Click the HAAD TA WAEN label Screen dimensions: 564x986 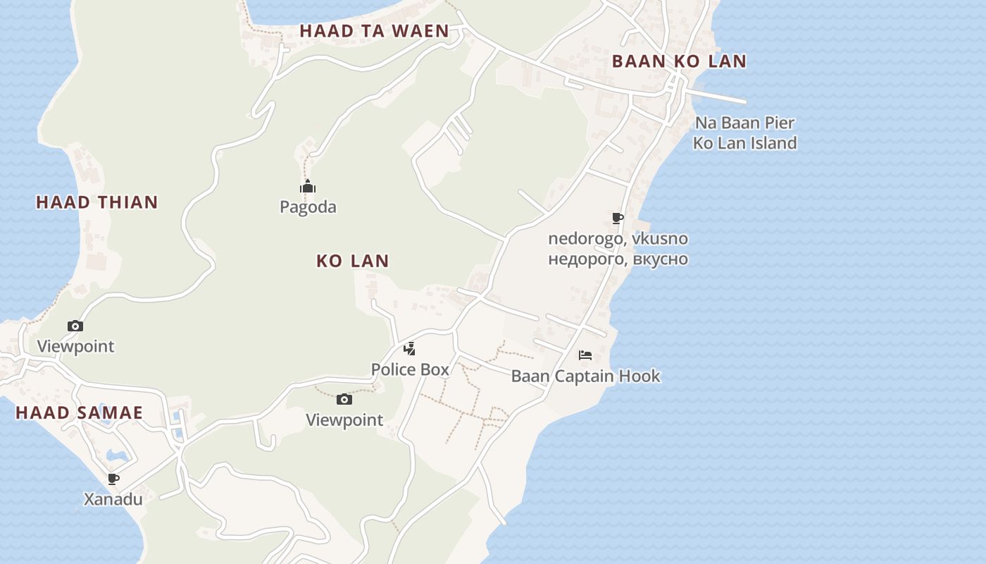click(x=374, y=31)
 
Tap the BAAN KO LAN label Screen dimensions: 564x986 click(x=679, y=61)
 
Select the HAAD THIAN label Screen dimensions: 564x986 click(x=97, y=202)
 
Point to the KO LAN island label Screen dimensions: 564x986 click(x=352, y=261)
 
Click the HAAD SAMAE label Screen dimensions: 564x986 click(x=80, y=413)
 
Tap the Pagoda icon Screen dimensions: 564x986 click(x=308, y=187)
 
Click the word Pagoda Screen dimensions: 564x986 click(x=308, y=207)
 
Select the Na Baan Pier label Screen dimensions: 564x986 click(x=745, y=123)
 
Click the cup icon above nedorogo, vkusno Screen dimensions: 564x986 click(x=618, y=219)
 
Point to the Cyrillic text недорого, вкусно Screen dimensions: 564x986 click(x=618, y=259)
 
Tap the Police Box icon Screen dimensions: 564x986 click(x=409, y=348)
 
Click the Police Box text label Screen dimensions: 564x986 click(x=410, y=369)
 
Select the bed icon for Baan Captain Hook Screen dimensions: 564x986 click(x=585, y=355)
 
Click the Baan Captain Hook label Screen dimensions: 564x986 click(x=585, y=376)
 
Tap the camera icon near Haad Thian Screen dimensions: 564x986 click(x=75, y=326)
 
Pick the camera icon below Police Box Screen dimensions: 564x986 click(x=344, y=400)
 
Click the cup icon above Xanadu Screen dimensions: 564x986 click(x=113, y=479)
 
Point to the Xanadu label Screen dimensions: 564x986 click(x=113, y=500)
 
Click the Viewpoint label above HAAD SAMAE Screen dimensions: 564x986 click(x=75, y=347)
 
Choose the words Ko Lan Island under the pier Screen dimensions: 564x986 click(x=745, y=143)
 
